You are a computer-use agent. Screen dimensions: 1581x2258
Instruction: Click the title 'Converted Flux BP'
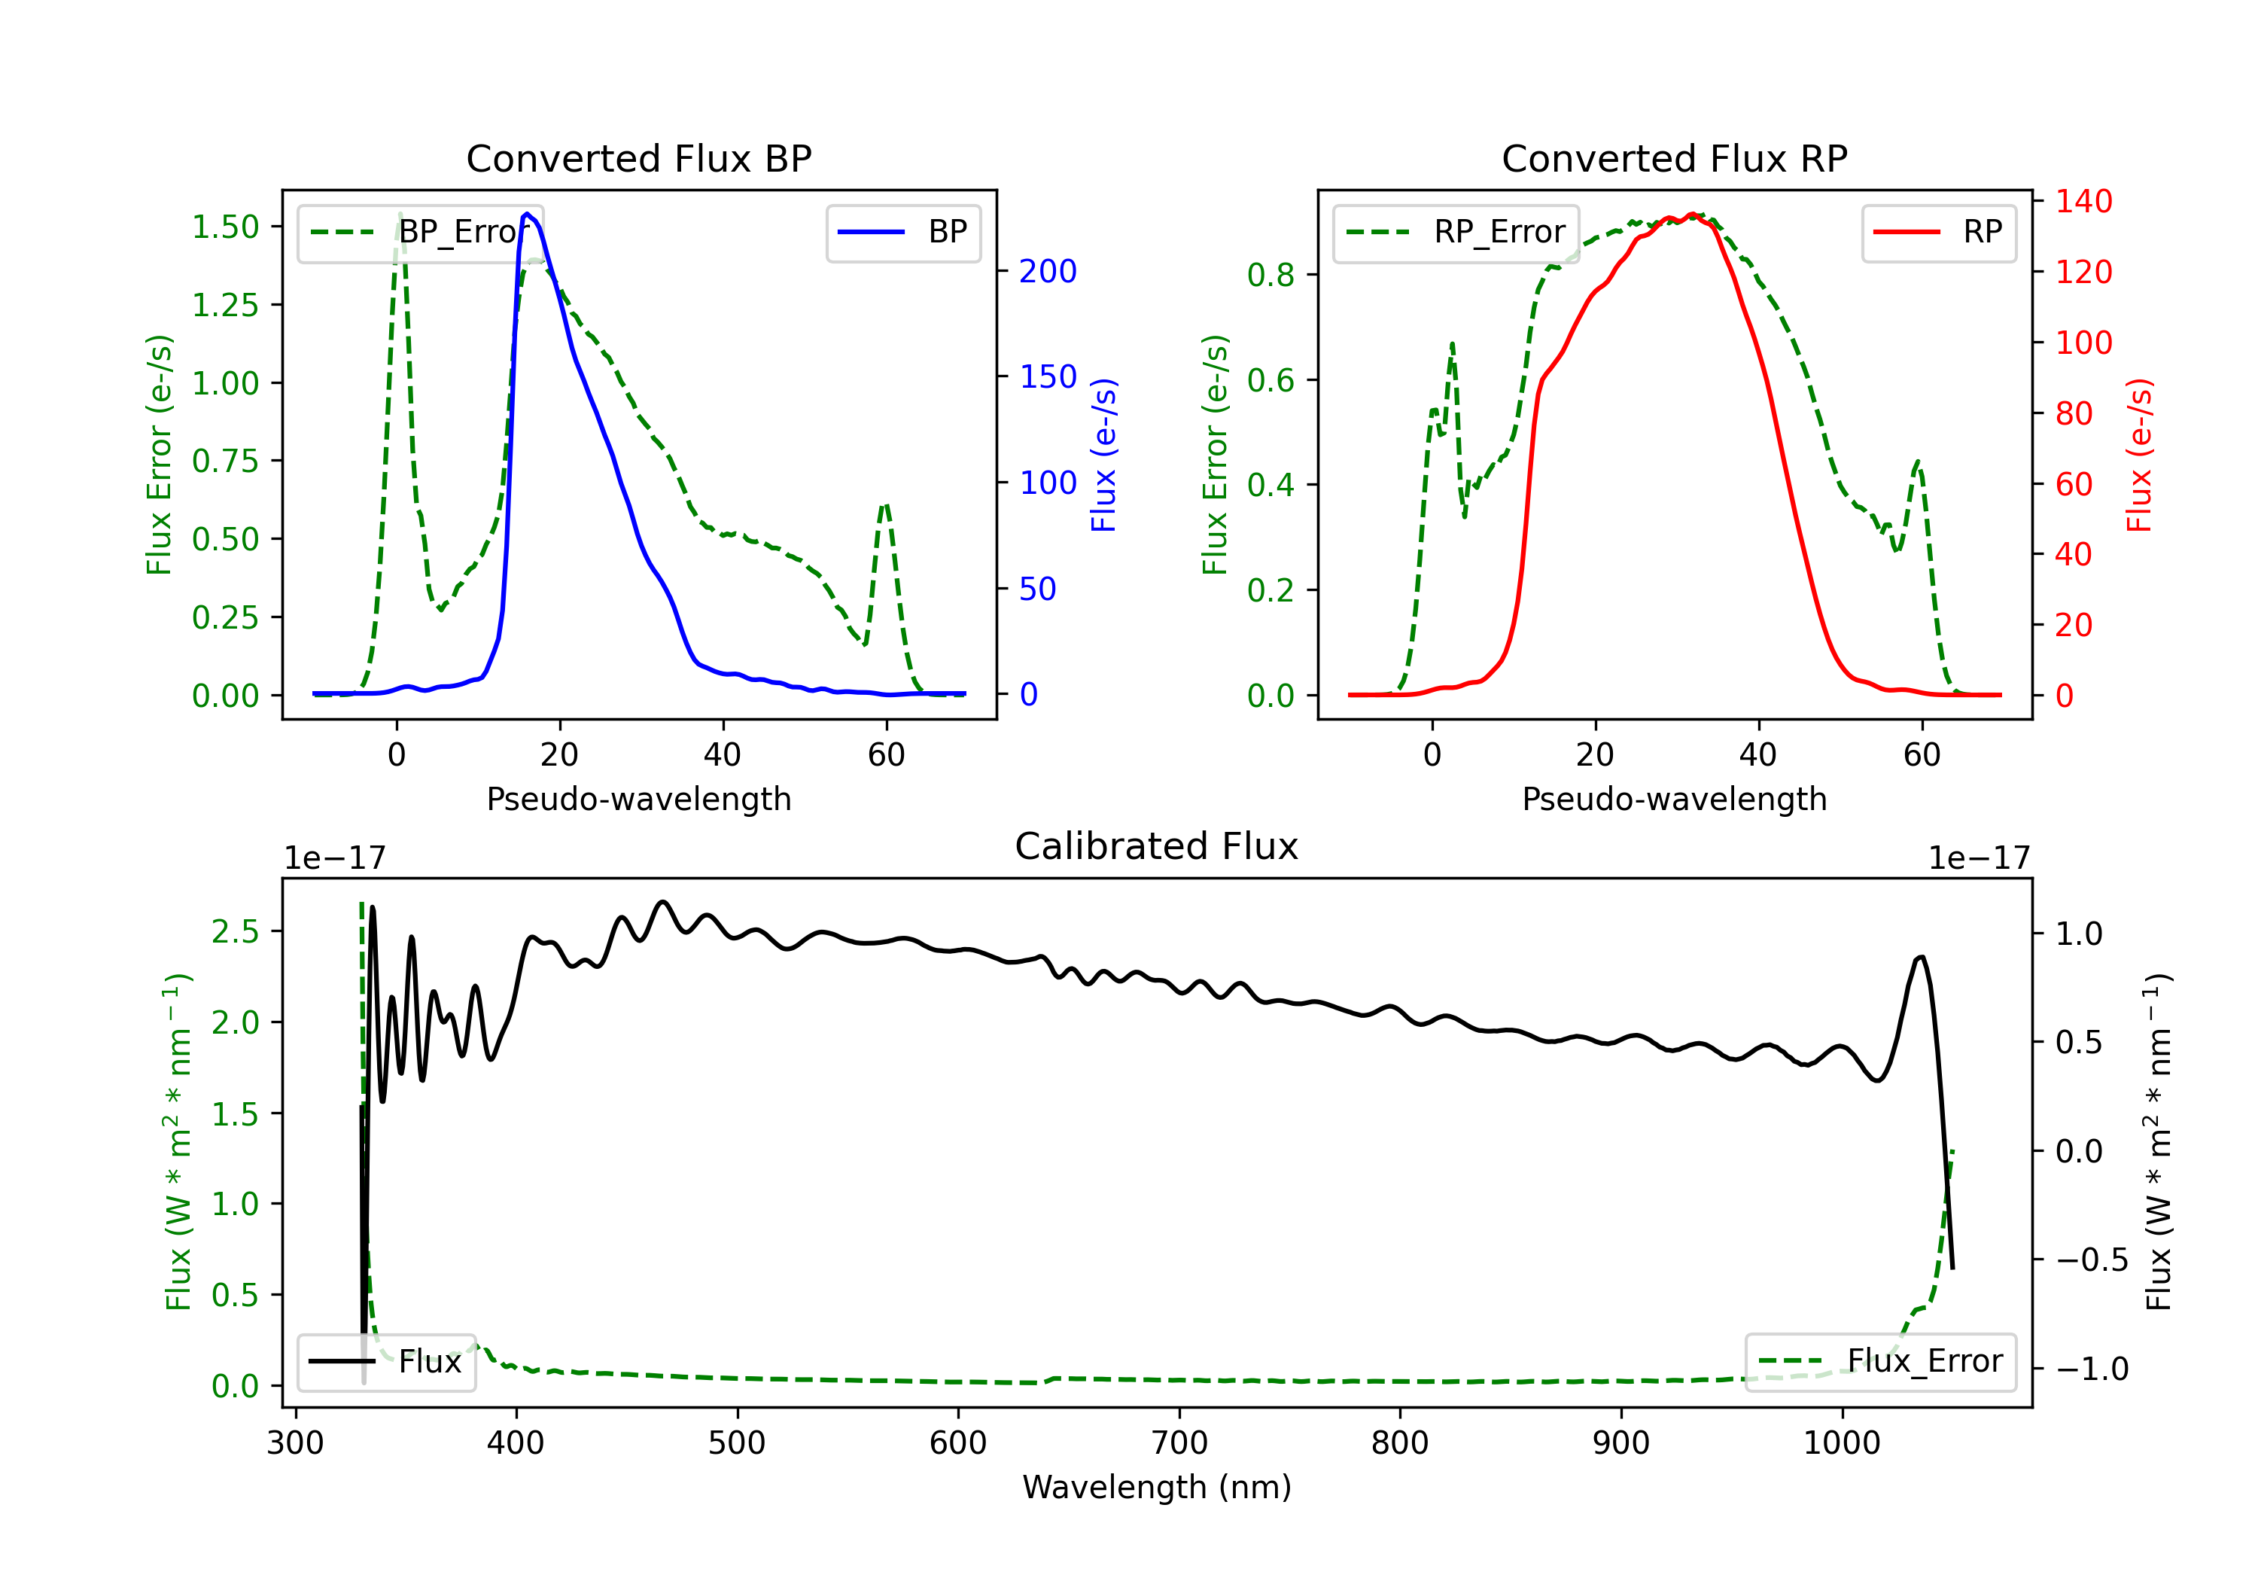point(638,158)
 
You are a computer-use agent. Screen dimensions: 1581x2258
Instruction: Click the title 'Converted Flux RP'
point(1674,158)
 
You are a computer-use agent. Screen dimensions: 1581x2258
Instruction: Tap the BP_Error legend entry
point(420,232)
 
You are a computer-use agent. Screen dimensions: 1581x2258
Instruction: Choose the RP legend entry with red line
point(1938,232)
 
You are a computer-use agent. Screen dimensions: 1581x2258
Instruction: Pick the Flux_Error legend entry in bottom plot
point(1879,1362)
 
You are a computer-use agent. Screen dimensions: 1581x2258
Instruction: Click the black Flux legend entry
point(385,1362)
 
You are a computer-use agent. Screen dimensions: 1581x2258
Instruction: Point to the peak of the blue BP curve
point(527,214)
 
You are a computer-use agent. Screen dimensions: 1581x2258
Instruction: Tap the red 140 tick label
point(2084,202)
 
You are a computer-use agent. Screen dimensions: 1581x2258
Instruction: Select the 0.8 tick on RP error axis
point(1271,275)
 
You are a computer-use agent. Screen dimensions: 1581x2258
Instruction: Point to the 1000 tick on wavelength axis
point(1841,1443)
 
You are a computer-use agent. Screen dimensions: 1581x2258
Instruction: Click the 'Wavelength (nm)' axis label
point(1157,1487)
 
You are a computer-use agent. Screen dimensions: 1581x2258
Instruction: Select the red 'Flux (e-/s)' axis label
point(2139,455)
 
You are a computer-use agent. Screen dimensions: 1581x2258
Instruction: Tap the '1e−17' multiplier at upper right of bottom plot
point(1979,858)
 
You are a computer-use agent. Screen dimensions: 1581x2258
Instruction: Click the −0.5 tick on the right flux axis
point(2091,1260)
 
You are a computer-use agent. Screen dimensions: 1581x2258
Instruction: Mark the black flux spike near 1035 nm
point(1921,956)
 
